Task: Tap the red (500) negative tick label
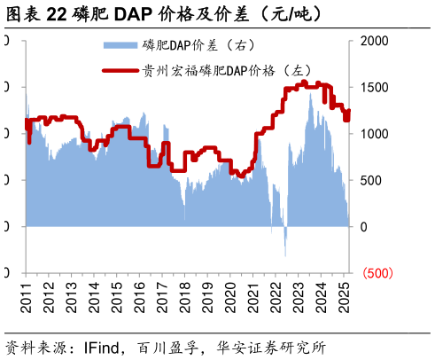pyautogui.click(x=377, y=273)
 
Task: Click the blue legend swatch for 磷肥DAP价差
pyautogui.click(x=120, y=44)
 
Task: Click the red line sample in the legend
pyautogui.click(x=120, y=70)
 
